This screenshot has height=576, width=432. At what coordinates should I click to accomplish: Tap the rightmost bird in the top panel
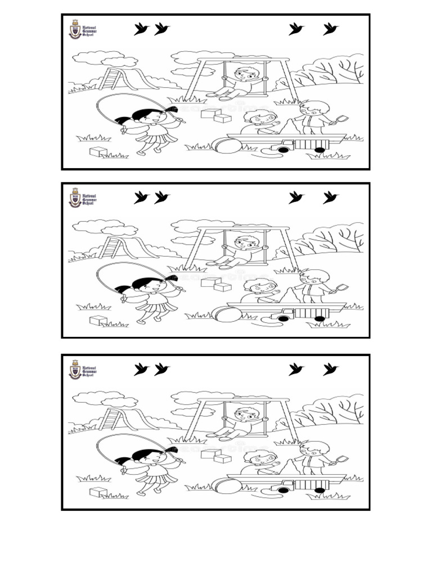tap(330, 29)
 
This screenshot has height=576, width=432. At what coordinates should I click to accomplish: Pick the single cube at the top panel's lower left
tap(98, 151)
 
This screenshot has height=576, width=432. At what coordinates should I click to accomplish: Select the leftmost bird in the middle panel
tap(141, 197)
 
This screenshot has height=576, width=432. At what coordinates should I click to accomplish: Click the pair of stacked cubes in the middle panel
tap(216, 285)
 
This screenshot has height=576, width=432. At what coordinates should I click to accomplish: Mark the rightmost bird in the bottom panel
tap(330, 370)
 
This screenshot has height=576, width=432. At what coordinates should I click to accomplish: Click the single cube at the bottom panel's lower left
tap(98, 492)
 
